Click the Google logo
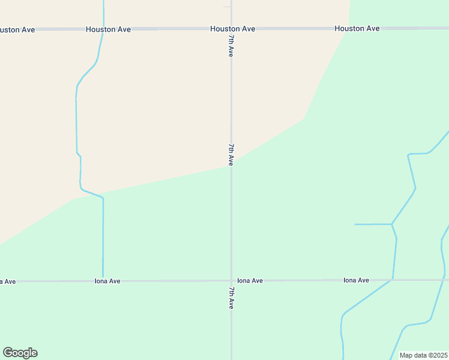point(20,353)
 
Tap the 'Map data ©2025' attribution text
point(423,355)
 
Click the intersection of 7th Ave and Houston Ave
point(231,28)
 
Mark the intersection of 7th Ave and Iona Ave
point(231,280)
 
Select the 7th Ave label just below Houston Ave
point(231,46)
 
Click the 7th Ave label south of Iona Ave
point(231,298)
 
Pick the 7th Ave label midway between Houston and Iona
point(231,154)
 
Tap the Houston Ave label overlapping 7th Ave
point(233,29)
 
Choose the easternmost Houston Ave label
point(357,28)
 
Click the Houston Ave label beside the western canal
point(109,29)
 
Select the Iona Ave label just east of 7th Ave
point(250,280)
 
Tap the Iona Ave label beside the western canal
point(108,281)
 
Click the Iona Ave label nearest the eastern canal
point(356,280)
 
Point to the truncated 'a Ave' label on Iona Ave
point(8,281)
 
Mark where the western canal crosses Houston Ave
point(103,28)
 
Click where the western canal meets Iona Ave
point(103,280)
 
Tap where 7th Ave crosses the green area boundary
point(231,166)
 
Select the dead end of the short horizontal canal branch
point(355,224)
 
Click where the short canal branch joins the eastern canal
point(391,224)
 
